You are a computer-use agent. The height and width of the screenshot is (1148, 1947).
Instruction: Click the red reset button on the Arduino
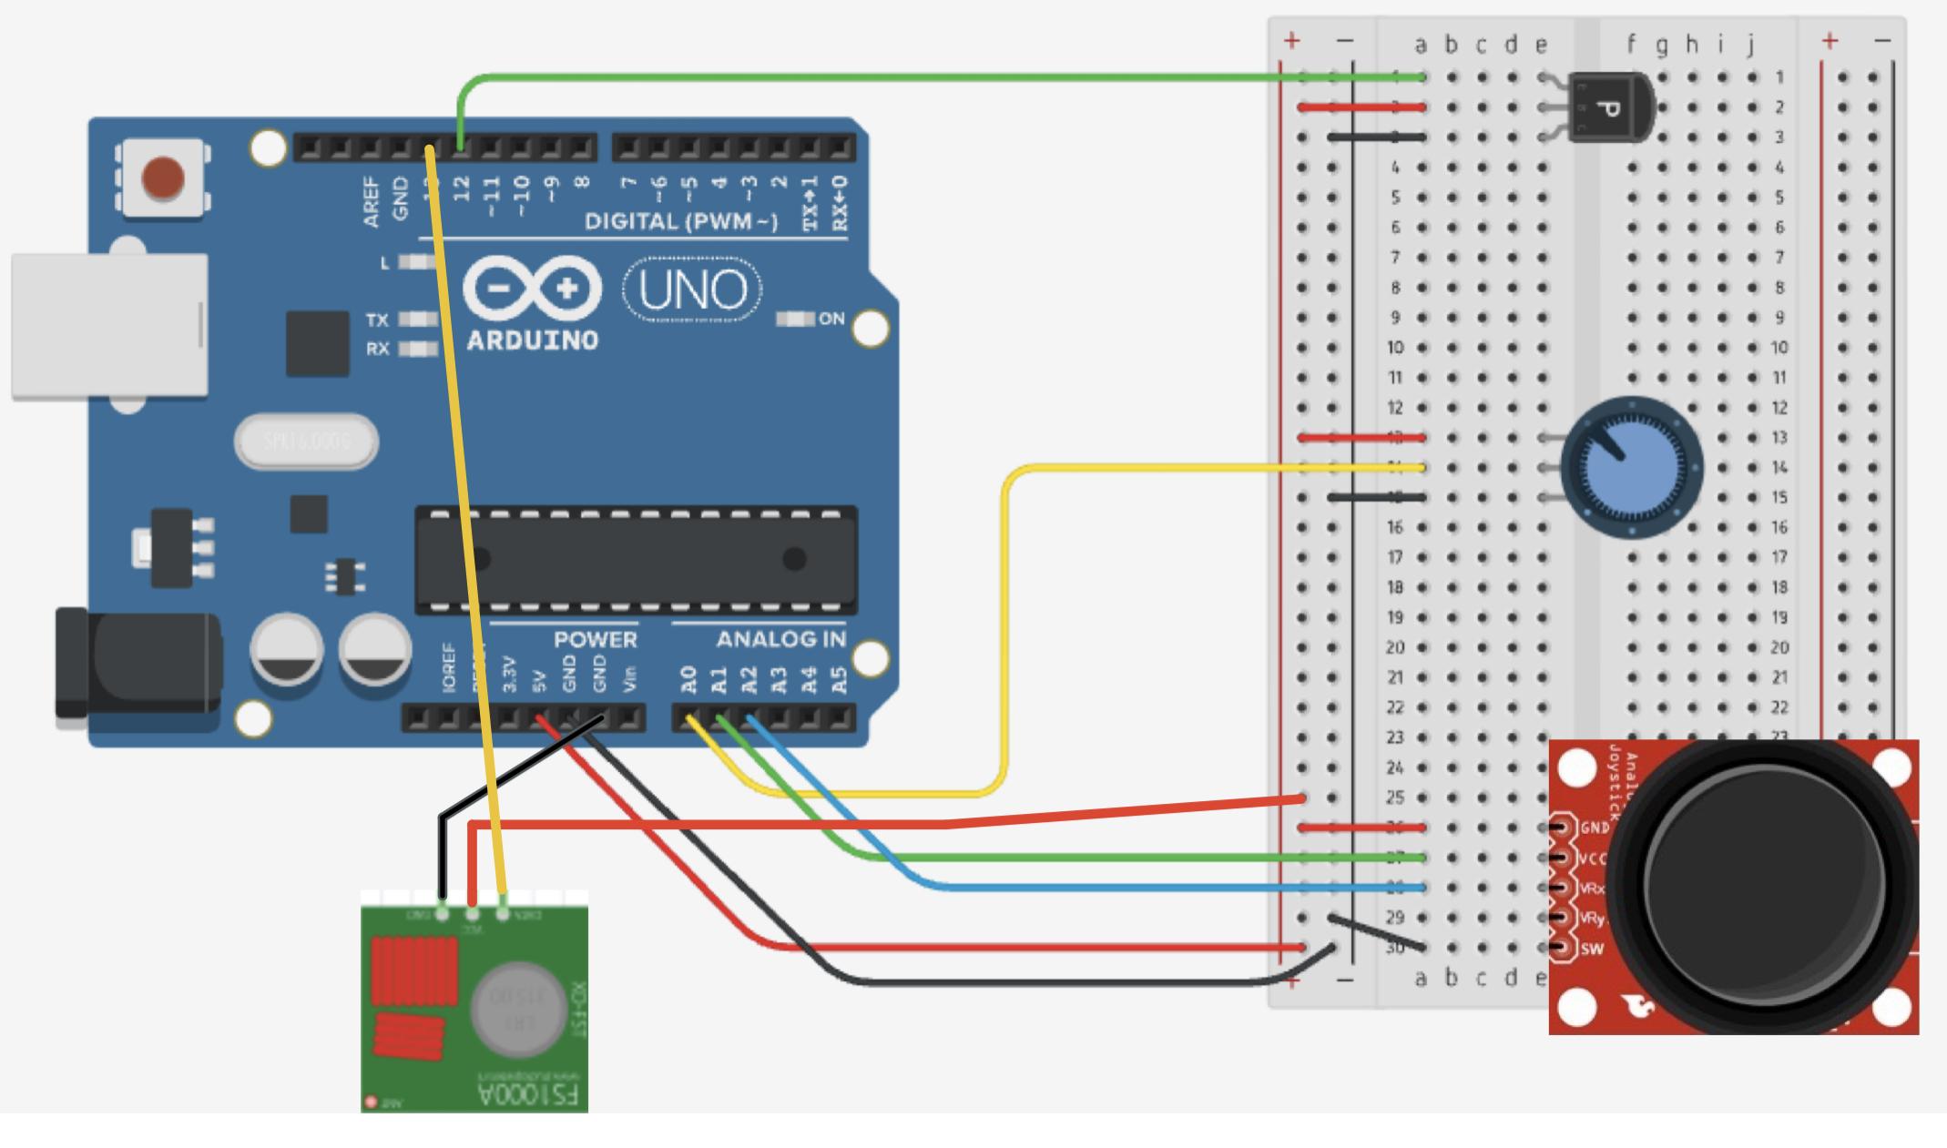click(x=164, y=178)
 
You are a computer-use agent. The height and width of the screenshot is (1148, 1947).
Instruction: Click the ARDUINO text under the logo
click(x=533, y=340)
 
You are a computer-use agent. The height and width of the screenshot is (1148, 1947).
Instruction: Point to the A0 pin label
click(x=689, y=679)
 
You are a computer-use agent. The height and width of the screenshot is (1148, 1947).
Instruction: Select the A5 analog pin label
click(x=840, y=679)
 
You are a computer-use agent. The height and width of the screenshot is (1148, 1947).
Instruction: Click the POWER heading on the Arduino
click(x=596, y=640)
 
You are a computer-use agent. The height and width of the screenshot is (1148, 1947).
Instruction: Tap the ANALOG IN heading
click(x=781, y=640)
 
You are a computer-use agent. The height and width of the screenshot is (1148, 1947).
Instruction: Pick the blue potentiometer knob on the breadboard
click(x=1631, y=468)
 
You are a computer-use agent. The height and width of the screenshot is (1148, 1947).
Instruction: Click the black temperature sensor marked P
click(x=1612, y=108)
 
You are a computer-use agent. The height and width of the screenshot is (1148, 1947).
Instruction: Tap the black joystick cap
click(x=1765, y=885)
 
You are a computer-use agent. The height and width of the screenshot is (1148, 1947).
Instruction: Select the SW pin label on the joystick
click(x=1592, y=950)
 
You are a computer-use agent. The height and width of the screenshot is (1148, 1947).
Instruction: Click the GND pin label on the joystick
click(x=1595, y=828)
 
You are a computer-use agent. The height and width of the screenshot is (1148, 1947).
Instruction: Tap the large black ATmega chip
click(x=636, y=559)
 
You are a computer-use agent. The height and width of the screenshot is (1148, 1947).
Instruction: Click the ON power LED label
click(x=831, y=319)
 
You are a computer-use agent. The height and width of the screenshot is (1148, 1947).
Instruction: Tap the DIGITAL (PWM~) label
click(x=681, y=221)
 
